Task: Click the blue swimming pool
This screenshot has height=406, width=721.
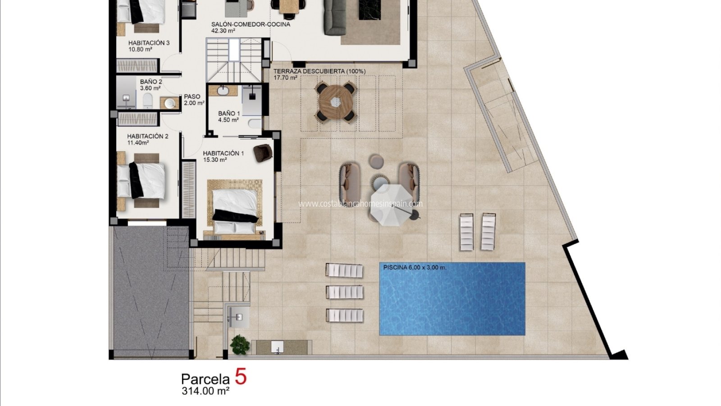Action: tap(452, 299)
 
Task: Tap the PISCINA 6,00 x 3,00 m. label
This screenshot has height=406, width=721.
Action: tap(415, 268)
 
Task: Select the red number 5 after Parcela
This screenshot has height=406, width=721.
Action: tap(241, 377)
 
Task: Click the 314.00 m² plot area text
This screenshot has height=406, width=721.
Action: tap(205, 391)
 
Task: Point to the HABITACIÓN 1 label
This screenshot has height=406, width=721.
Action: tap(224, 153)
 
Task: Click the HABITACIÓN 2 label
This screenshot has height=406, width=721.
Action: tap(148, 136)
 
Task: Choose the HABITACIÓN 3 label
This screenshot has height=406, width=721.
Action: tap(149, 43)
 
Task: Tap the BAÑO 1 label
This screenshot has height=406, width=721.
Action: tap(229, 113)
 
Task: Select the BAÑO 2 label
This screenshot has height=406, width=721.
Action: tap(151, 82)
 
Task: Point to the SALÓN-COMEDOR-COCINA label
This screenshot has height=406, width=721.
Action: tap(251, 24)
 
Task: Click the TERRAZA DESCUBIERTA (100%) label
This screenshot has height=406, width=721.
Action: tap(319, 71)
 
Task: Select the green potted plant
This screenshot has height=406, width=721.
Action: tap(240, 345)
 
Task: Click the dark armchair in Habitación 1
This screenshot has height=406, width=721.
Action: tap(263, 153)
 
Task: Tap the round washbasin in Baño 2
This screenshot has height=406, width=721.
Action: tap(169, 103)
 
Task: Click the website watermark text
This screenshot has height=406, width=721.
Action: tap(360, 203)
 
